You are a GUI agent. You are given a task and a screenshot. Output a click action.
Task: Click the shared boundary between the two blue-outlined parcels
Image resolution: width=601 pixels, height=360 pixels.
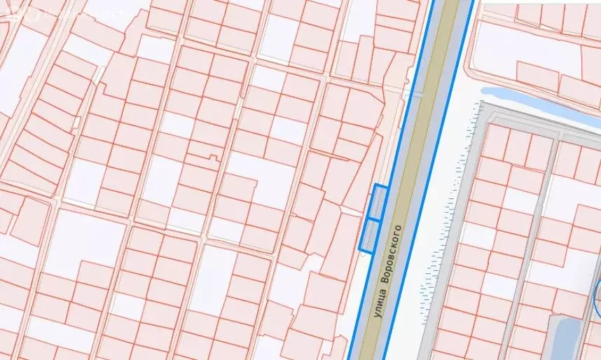(x=374, y=220)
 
